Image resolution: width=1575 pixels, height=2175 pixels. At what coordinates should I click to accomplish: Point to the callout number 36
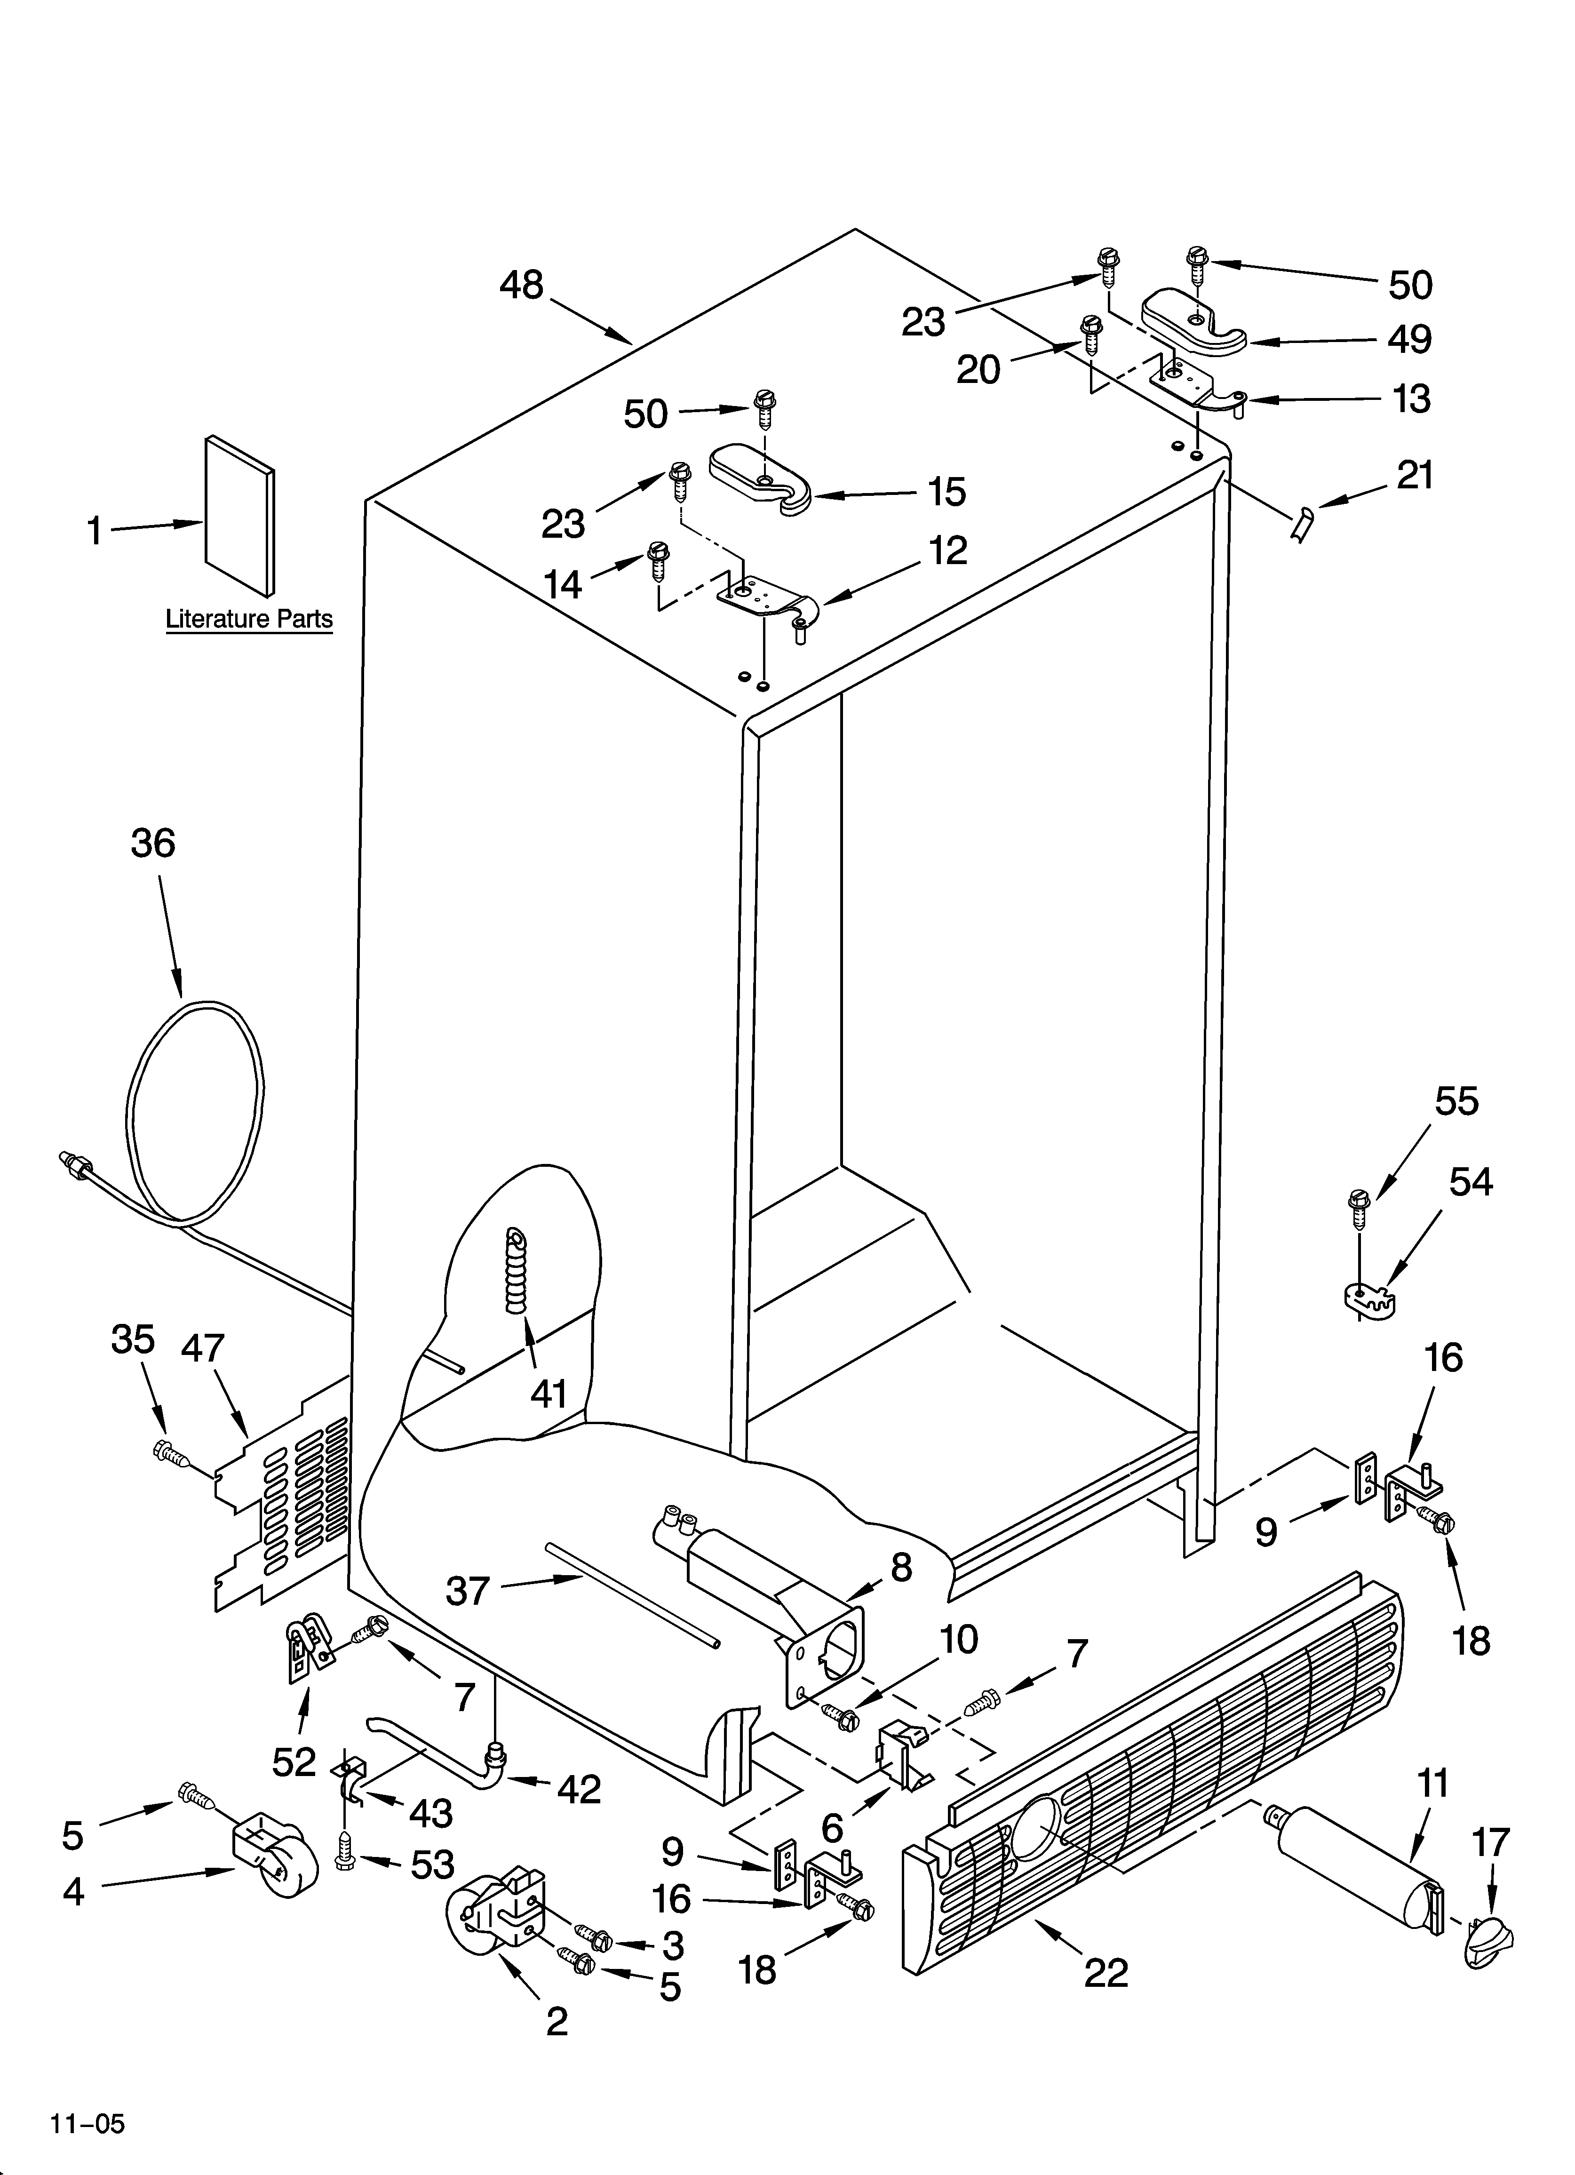(x=153, y=844)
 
